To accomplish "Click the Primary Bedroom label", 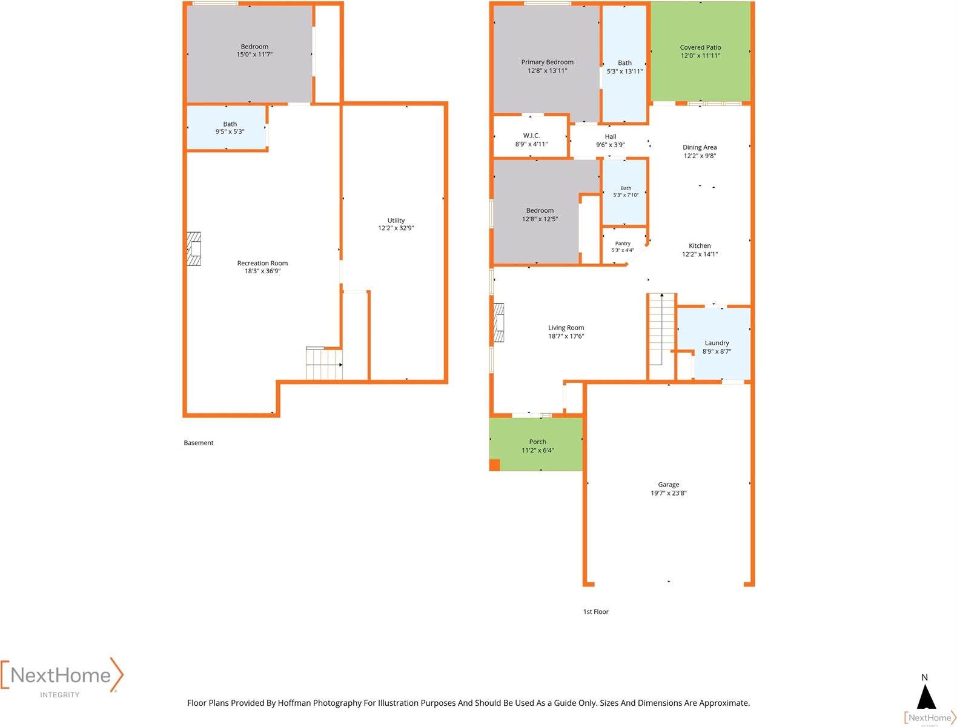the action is click(x=547, y=62).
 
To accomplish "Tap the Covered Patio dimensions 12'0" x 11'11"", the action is click(x=700, y=55).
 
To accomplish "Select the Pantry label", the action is click(x=623, y=244).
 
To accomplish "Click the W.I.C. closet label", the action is click(x=531, y=136).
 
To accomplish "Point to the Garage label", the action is click(x=668, y=484).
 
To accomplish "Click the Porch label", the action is click(x=538, y=442).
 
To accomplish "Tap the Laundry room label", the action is click(x=717, y=343).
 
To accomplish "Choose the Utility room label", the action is click(x=396, y=221).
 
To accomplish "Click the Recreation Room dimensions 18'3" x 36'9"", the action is click(x=262, y=271).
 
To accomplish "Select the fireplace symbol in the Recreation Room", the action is click(x=194, y=248).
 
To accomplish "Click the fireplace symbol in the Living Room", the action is click(x=498, y=322).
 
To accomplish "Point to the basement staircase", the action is click(x=324, y=363).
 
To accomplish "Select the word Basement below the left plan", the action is click(x=199, y=443).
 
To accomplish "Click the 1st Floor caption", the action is click(x=595, y=611).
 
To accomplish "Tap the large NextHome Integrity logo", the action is click(x=61, y=677).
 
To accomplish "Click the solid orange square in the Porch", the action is click(x=494, y=465).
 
